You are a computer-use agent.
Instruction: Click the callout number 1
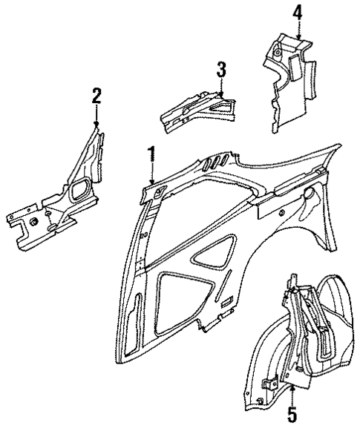[151, 155]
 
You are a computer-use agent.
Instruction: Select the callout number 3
[221, 70]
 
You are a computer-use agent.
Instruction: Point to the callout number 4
[297, 13]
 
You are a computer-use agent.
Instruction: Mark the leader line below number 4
[297, 30]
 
